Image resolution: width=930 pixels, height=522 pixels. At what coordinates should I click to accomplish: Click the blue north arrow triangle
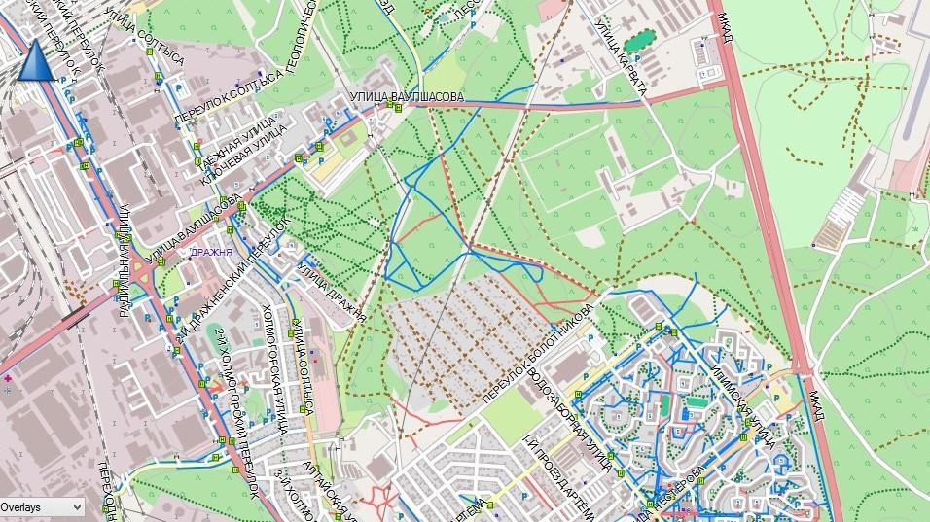33,62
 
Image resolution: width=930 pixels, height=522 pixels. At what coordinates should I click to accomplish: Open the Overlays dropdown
42,506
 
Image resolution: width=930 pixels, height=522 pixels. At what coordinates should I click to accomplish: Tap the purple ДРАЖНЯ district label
211,252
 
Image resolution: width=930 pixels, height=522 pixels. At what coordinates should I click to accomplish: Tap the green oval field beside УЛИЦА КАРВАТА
639,42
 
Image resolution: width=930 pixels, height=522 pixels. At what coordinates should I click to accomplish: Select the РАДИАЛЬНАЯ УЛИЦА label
125,259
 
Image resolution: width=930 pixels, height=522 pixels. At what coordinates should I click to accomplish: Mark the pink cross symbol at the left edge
8,377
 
